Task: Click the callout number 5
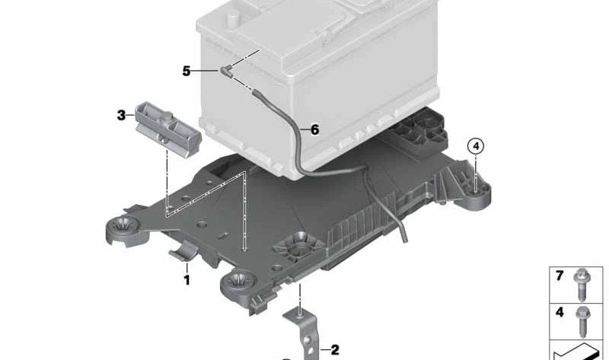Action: (187, 72)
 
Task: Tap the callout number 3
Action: (121, 116)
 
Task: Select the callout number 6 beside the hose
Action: (314, 129)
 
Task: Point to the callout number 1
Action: (187, 280)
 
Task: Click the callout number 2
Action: (335, 350)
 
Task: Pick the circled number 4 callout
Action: (476, 146)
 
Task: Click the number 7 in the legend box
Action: (560, 276)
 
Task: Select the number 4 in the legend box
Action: (560, 312)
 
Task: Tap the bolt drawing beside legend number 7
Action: (582, 285)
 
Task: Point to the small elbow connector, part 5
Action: (227, 70)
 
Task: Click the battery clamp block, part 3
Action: (167, 129)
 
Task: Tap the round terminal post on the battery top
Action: (233, 18)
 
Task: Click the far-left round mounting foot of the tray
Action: (123, 230)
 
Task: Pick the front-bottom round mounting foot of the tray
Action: (238, 285)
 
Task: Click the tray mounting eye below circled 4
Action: (477, 192)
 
